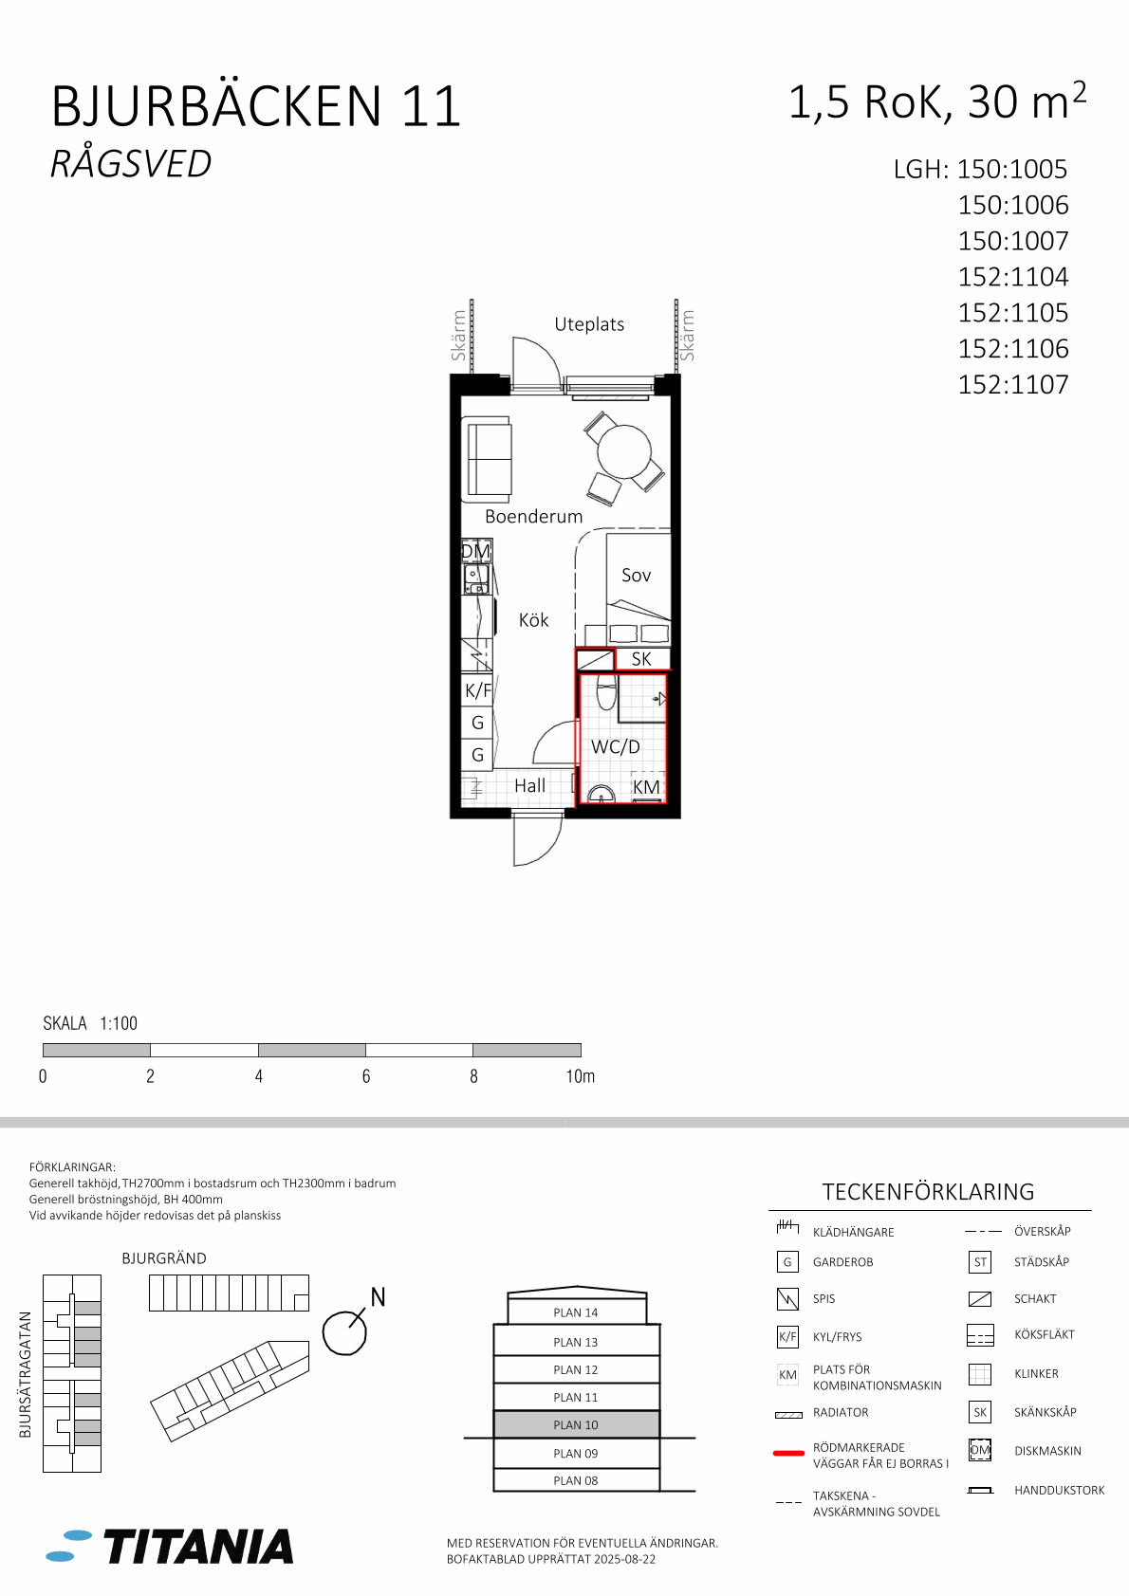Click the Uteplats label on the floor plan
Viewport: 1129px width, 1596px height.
589,324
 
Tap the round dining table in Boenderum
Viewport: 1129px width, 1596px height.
623,451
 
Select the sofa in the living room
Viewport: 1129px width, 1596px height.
489,457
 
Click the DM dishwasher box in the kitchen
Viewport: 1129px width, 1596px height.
476,551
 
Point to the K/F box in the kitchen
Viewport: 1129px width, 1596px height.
477,689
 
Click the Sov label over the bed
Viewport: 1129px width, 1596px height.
636,575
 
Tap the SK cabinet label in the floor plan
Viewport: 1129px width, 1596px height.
641,659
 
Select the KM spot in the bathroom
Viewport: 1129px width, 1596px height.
646,786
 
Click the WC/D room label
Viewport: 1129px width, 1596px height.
615,746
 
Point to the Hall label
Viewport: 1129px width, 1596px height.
529,785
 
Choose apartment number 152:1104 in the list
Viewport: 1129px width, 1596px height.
1013,277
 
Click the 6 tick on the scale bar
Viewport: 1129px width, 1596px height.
365,1076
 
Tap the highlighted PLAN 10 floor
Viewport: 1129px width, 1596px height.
576,1424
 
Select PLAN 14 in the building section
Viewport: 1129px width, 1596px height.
576,1312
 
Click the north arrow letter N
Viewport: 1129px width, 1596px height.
378,1297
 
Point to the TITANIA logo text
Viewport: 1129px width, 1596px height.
198,1546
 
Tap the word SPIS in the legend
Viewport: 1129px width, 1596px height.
824,1299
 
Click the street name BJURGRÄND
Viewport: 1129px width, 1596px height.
164,1258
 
